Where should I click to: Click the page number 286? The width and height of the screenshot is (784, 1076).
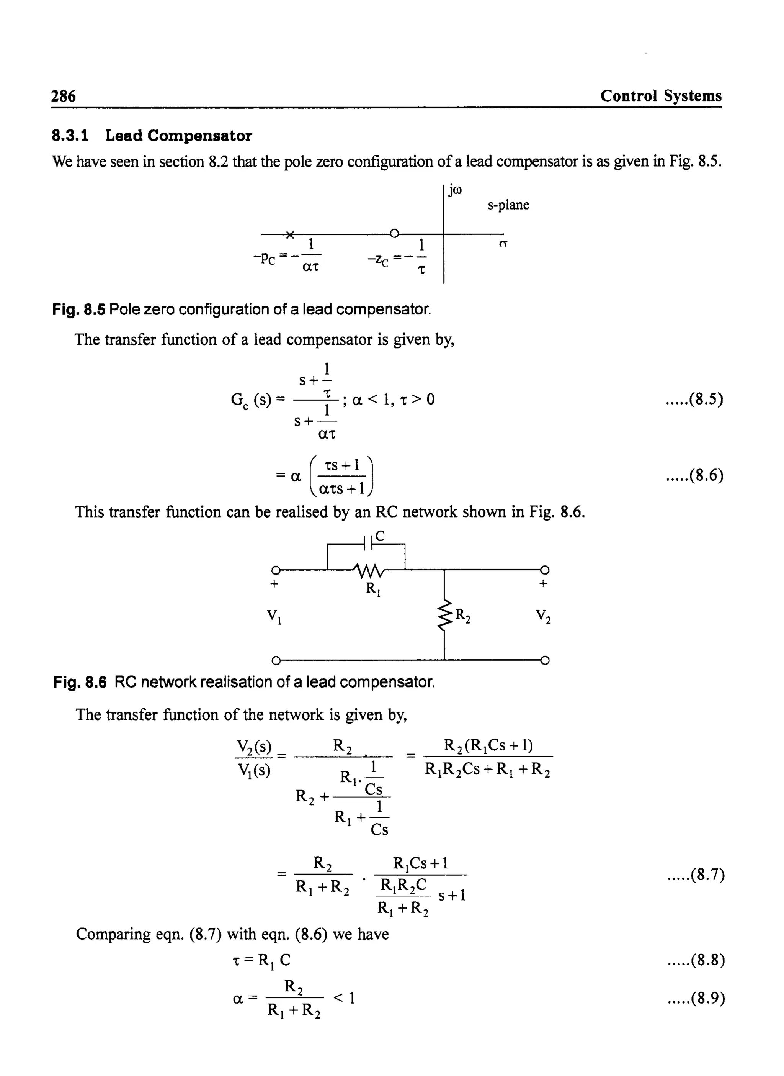63,97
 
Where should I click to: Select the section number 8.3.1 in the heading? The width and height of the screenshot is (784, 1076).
70,136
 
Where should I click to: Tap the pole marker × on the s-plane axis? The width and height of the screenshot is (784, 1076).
290,234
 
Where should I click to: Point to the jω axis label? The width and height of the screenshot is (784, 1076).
455,191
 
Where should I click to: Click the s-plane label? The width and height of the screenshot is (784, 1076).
508,205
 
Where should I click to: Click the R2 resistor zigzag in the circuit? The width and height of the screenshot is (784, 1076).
444,616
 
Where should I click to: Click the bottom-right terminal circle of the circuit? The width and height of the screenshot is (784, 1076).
545,660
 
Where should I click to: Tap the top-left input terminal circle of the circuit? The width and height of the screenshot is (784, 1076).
275,570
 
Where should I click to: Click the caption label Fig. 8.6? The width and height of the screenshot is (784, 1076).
80,682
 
